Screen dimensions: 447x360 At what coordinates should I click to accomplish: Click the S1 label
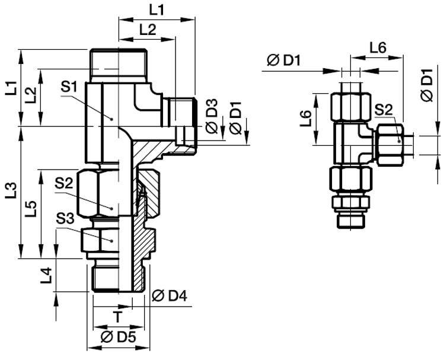tap(69, 87)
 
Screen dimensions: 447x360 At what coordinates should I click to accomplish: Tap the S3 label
tap(65, 219)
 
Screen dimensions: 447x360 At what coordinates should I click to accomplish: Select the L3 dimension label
tap(12, 190)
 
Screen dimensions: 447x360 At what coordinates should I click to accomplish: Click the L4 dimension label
tap(46, 275)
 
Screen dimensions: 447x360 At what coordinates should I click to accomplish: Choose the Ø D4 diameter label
tap(170, 296)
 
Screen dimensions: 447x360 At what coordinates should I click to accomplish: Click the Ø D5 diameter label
tap(119, 337)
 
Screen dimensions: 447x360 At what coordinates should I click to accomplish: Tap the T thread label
tap(117, 317)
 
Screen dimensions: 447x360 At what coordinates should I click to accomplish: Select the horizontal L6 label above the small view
tap(378, 48)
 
